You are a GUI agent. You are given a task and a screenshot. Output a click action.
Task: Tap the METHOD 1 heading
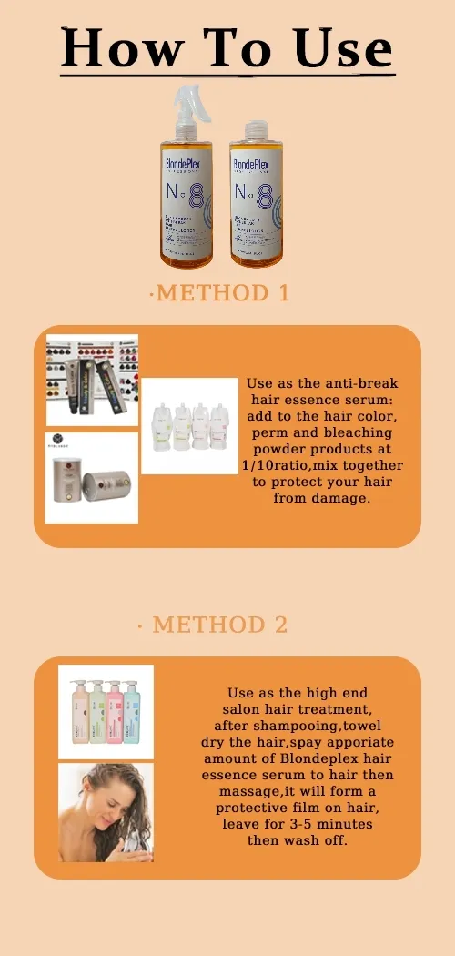224,293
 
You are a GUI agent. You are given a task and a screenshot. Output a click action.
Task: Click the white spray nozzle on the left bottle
186,102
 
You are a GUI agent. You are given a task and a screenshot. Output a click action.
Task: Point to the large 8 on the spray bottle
195,198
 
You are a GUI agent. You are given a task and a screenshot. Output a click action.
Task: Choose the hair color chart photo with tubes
92,380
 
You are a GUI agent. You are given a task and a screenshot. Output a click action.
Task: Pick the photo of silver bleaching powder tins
92,478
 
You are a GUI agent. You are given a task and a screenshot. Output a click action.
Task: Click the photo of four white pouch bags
189,425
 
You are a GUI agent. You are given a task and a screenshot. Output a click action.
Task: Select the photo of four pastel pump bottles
106,712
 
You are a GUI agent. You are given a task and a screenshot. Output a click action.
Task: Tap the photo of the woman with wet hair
106,812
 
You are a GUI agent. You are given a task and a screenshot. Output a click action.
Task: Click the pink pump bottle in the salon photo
115,714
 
